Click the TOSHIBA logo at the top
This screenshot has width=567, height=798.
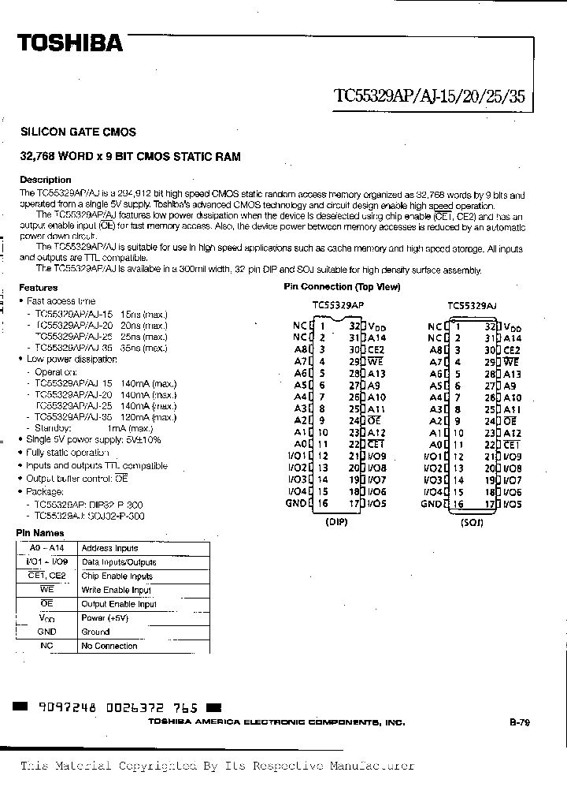point(71,43)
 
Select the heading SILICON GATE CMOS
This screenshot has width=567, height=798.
point(78,132)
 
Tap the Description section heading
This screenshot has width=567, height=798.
point(46,180)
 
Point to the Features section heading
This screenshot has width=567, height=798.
point(39,288)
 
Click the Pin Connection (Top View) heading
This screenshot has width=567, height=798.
point(342,287)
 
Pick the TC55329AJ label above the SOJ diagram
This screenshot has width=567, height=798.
point(472,304)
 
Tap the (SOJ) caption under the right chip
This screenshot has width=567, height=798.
point(472,521)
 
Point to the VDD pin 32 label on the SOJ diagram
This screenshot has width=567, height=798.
point(512,327)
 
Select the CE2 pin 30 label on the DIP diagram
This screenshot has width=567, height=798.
point(376,349)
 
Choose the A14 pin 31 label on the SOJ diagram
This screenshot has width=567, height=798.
point(512,337)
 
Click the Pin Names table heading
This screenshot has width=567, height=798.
point(38,533)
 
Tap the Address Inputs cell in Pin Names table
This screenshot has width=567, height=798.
point(109,548)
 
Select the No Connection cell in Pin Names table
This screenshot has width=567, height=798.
point(109,646)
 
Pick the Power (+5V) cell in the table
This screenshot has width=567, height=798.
point(103,618)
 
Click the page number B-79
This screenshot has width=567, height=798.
point(519,722)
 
